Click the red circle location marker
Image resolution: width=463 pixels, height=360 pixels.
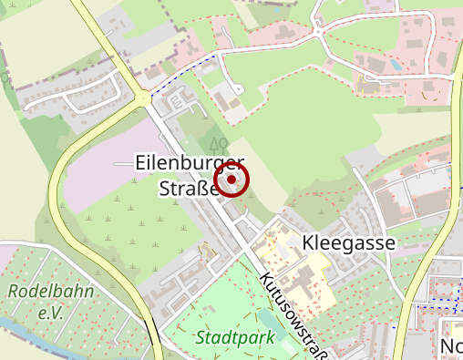click(233, 180)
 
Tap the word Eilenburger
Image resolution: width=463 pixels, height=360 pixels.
click(190, 164)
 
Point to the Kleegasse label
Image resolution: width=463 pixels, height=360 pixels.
click(348, 243)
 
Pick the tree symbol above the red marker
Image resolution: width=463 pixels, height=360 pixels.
click(217, 143)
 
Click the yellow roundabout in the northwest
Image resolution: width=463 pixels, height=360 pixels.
click(144, 98)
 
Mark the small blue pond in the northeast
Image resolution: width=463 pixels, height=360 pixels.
click(395, 66)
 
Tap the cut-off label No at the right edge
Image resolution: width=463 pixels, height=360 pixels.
click(451, 347)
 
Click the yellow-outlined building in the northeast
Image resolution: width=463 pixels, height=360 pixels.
click(370, 84)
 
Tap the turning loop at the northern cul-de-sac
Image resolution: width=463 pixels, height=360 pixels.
click(238, 89)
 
